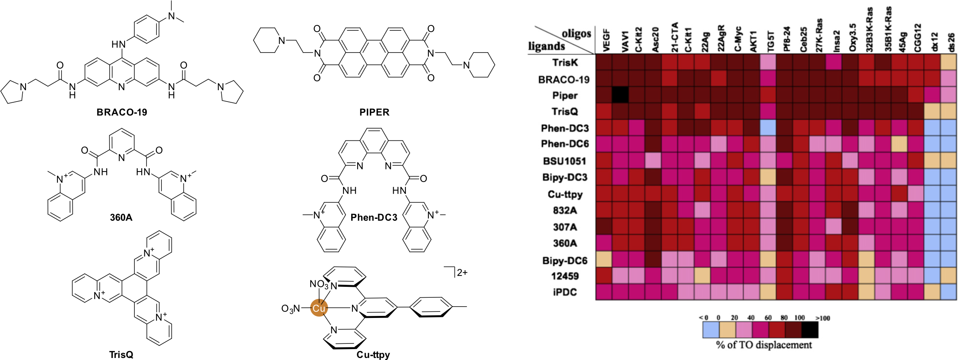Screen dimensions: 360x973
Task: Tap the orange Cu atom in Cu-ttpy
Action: pos(319,308)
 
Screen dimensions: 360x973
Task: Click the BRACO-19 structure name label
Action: pos(122,112)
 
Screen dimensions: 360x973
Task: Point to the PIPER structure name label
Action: pos(374,112)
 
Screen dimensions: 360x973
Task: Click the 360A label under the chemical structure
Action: pos(121,217)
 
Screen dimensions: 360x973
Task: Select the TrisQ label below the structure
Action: pos(121,354)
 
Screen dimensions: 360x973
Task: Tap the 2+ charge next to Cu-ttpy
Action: pos(462,273)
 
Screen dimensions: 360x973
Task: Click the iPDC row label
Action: pos(564,292)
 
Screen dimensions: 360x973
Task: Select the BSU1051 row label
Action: pos(564,161)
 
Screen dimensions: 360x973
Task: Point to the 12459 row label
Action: pos(565,276)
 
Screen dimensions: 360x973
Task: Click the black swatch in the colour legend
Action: pos(810,330)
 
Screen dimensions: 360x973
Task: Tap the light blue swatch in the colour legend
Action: pos(710,330)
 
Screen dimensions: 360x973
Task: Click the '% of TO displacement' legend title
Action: pos(764,345)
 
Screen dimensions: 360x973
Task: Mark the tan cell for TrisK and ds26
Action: pos(949,62)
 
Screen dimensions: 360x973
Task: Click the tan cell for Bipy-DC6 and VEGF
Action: pos(604,259)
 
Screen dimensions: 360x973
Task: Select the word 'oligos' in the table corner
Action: pos(576,34)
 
